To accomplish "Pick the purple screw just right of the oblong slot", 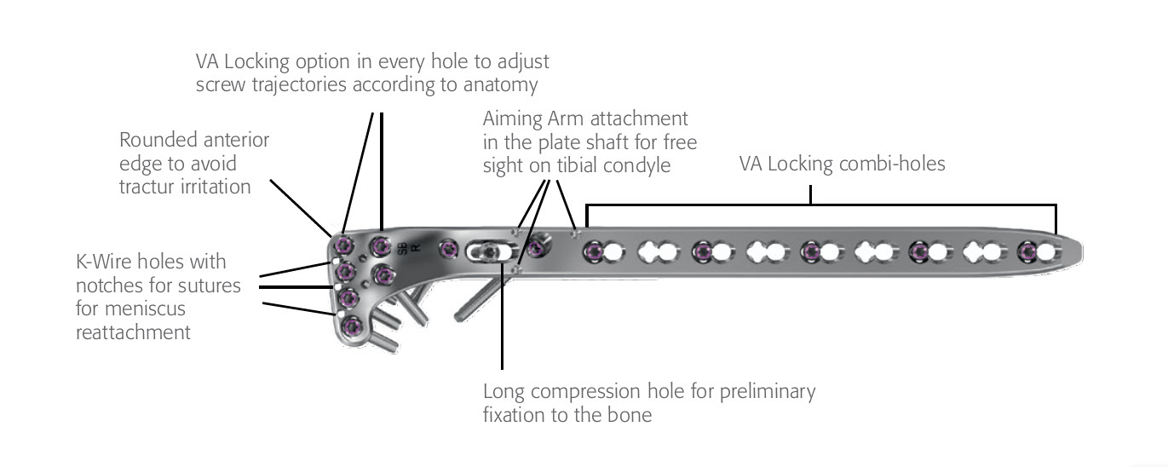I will point(537,250).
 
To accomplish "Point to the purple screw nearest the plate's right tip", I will point(1029,251).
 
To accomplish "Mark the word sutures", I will point(213,285).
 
